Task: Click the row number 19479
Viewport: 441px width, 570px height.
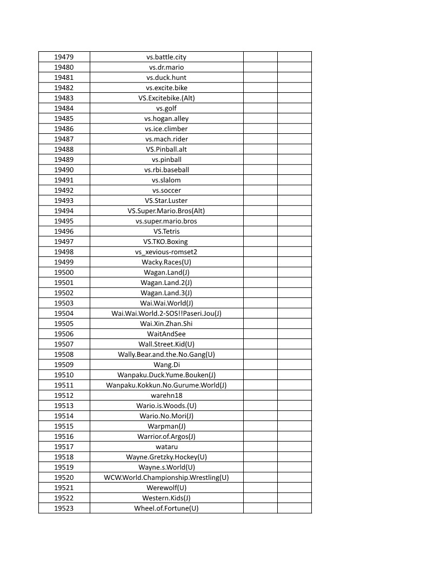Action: point(64,57)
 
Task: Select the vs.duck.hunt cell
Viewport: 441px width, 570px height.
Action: point(166,78)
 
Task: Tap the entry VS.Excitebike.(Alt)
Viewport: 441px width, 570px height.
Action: point(166,98)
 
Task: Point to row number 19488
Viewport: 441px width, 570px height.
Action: point(64,150)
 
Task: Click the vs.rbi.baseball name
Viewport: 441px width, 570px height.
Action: point(166,170)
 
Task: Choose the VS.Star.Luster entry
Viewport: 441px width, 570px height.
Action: point(166,201)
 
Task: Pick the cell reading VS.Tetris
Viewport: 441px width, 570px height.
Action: point(166,232)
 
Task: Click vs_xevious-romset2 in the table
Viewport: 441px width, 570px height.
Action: point(166,252)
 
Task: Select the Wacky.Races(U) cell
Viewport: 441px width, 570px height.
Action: point(166,262)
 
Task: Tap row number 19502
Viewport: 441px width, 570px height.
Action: point(64,293)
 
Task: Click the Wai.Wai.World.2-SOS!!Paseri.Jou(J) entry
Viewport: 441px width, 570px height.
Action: point(166,314)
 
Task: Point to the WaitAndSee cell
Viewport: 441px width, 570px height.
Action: point(166,334)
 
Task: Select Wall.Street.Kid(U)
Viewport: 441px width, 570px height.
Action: point(166,344)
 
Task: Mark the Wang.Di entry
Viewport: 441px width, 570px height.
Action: point(166,365)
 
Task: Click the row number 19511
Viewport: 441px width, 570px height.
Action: point(64,385)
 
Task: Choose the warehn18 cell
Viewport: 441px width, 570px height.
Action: point(166,396)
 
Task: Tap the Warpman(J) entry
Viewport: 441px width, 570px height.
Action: point(166,426)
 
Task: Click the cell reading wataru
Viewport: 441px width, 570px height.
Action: point(166,447)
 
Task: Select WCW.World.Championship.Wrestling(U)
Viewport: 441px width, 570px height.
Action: point(166,478)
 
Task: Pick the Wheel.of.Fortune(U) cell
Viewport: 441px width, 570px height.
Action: point(166,508)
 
